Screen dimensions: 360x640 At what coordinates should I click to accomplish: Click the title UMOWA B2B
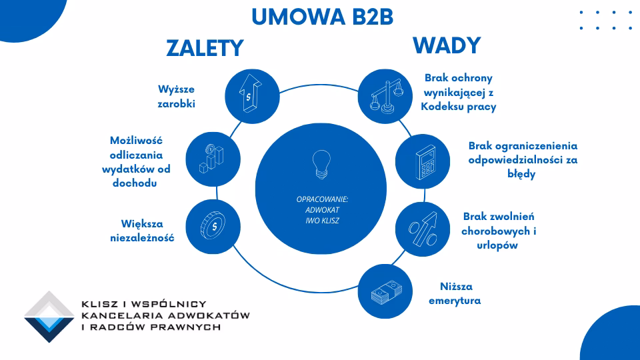pyautogui.click(x=322, y=17)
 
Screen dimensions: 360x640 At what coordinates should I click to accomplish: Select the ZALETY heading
pyautogui.click(x=205, y=48)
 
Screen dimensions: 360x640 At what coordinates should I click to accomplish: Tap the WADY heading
pyautogui.click(x=446, y=45)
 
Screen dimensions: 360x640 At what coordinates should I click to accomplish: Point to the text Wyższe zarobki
pyautogui.click(x=177, y=96)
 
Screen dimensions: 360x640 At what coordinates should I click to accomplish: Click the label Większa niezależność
pyautogui.click(x=142, y=230)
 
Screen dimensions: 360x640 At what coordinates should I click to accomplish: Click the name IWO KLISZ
pyautogui.click(x=322, y=220)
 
